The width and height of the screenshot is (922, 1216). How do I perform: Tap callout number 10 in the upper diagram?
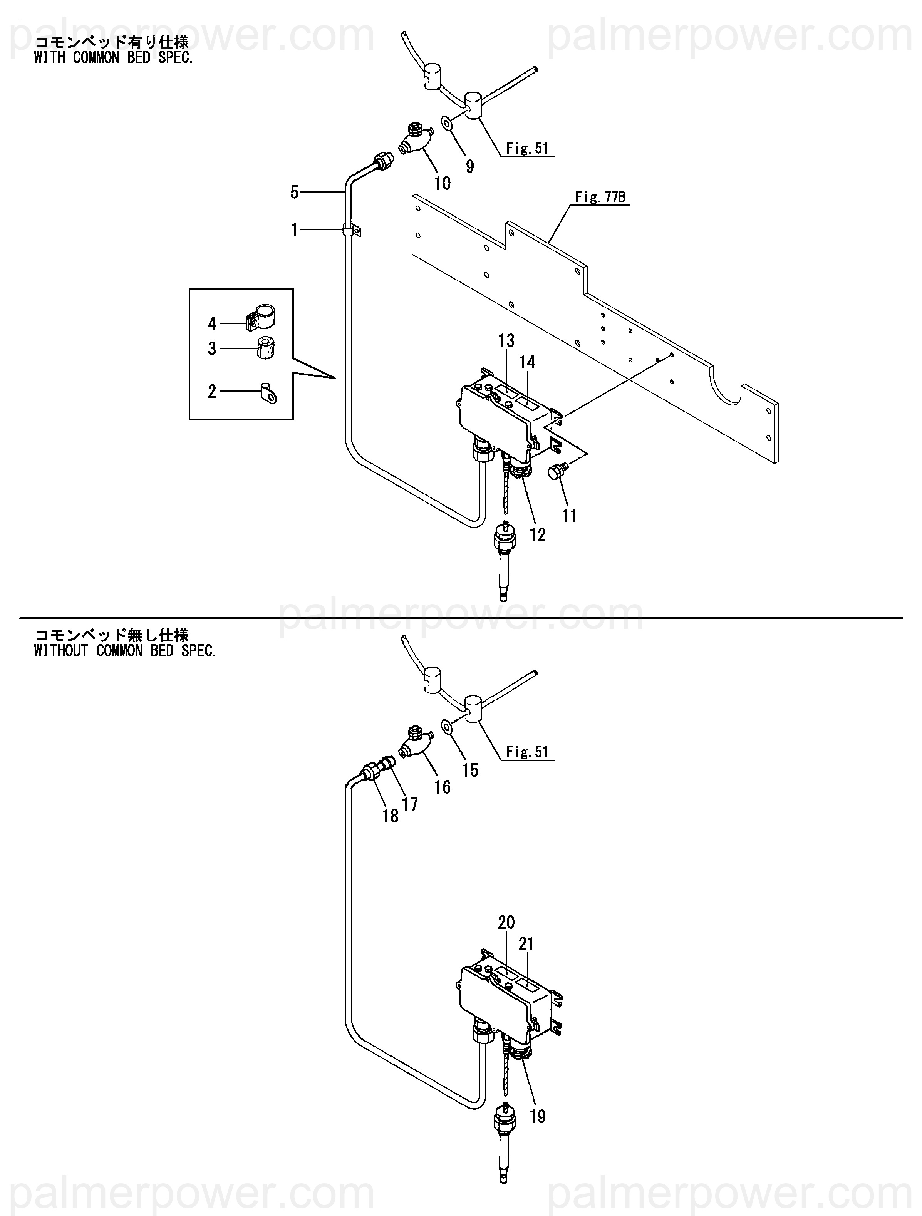click(442, 183)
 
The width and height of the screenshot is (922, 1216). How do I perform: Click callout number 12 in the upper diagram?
click(537, 534)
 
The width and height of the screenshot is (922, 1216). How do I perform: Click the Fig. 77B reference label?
click(600, 197)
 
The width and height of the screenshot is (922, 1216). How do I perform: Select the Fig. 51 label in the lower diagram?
click(527, 752)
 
